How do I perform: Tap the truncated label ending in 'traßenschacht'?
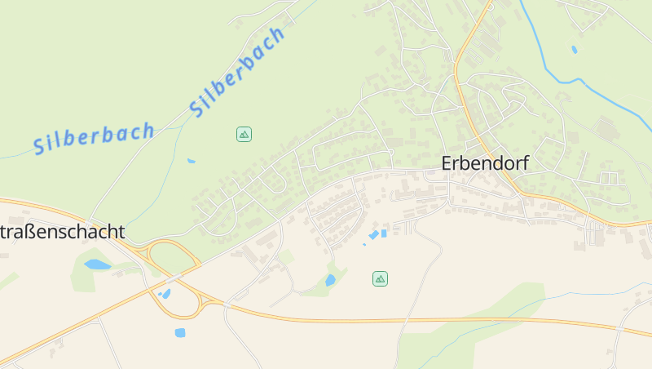click(63, 232)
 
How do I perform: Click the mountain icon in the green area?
click(244, 134)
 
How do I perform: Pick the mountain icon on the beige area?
click(380, 278)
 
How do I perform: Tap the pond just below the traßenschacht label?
click(97, 265)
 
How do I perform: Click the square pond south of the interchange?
click(179, 332)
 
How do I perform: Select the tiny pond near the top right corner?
click(575, 49)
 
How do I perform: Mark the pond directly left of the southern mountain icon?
click(330, 280)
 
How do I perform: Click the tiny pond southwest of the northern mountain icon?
click(191, 161)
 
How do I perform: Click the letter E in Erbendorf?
click(447, 163)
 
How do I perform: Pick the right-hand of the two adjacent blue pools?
click(383, 233)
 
